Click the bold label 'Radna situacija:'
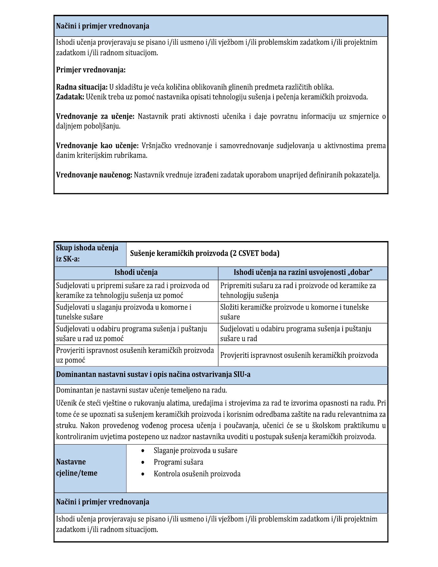click(x=82, y=87)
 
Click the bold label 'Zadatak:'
click(x=70, y=97)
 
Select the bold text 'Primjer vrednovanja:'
click(x=91, y=70)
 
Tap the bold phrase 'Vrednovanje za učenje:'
click(x=95, y=116)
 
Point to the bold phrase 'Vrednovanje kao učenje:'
click(x=97, y=146)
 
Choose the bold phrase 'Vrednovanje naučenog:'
click(x=94, y=175)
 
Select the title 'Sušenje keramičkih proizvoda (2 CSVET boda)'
click(x=204, y=253)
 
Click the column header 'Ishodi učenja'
click(x=136, y=272)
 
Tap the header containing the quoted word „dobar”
click(x=303, y=272)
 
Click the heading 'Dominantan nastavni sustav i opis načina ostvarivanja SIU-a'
click(x=153, y=375)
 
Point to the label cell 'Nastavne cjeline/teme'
click(x=76, y=467)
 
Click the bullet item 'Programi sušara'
click(x=178, y=462)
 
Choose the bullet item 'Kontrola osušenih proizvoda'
click(x=197, y=474)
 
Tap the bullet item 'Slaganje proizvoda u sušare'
click(x=195, y=451)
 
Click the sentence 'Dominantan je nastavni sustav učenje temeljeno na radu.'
click(x=141, y=390)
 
